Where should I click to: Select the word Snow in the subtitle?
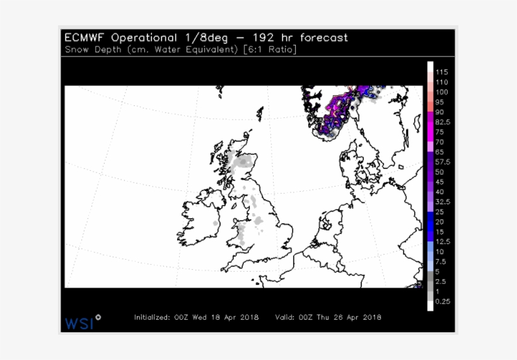pyautogui.click(x=76, y=50)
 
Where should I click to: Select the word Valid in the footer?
pyautogui.click(x=286, y=317)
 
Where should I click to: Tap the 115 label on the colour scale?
pyautogui.click(x=441, y=72)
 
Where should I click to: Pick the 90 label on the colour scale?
pyautogui.click(x=439, y=112)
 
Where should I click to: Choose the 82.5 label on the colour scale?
pyautogui.click(x=442, y=122)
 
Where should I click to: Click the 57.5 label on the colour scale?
pyautogui.click(x=442, y=162)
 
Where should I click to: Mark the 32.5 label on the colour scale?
pyautogui.click(x=442, y=202)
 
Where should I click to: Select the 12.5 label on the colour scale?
pyautogui.click(x=442, y=241)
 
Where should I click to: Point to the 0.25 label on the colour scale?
pyautogui.click(x=442, y=301)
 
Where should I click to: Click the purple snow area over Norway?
pyautogui.click(x=337, y=113)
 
